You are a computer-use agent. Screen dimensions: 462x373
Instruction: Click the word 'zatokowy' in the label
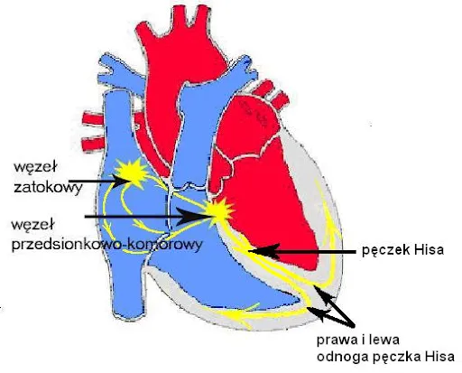[48, 188]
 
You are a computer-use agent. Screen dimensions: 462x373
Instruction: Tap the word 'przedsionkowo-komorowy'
[106, 245]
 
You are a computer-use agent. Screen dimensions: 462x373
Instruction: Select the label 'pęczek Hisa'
[402, 250]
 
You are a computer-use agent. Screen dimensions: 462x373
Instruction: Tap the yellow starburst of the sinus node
[133, 173]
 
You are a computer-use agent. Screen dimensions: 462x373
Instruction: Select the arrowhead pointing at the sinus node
[122, 181]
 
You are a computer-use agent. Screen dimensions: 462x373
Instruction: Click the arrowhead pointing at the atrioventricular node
[191, 217]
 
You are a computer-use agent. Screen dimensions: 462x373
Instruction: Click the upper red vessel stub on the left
[94, 118]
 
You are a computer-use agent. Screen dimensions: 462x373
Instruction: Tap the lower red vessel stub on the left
[94, 144]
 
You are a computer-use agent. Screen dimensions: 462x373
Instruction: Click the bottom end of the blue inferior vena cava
[128, 316]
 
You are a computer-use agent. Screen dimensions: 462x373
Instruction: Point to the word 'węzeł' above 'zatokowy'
[35, 167]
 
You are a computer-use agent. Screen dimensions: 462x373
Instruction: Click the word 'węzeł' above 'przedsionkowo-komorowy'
[32, 225]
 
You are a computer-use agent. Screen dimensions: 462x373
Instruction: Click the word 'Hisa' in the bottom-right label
[439, 356]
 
